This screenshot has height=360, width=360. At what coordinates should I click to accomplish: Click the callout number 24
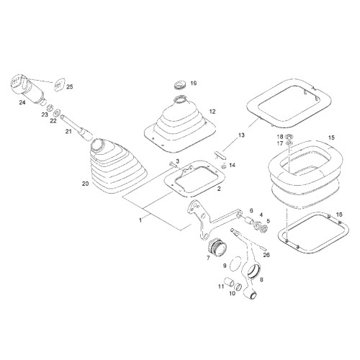22,103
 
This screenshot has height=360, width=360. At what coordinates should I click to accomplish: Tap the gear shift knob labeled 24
28,89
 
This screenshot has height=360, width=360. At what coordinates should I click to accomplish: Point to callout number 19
194,84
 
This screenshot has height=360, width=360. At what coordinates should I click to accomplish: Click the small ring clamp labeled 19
179,85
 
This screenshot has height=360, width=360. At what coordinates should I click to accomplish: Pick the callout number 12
212,112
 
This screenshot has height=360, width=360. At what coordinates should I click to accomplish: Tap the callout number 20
86,184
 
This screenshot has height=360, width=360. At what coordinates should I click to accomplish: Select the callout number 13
241,135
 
